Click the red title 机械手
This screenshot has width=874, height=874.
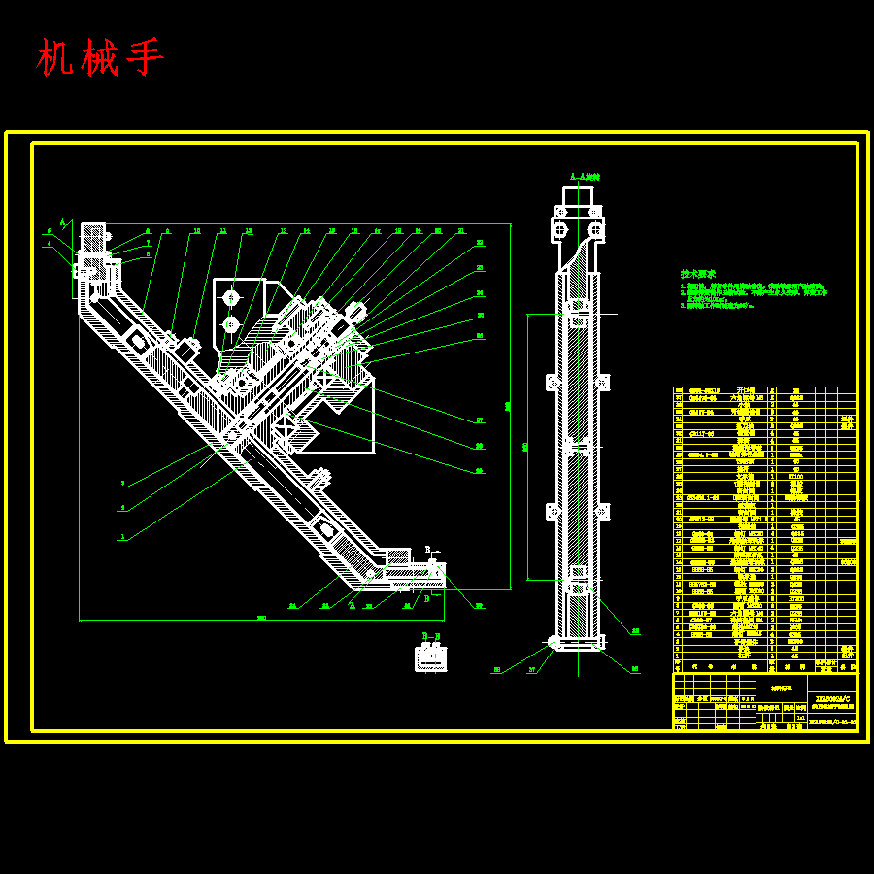click(x=101, y=58)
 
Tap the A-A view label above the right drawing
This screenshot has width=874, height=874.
click(x=585, y=177)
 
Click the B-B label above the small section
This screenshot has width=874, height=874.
click(x=430, y=636)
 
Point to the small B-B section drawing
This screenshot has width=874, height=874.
click(x=430, y=658)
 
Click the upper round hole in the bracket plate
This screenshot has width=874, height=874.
click(x=231, y=297)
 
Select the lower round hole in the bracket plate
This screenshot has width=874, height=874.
click(x=231, y=323)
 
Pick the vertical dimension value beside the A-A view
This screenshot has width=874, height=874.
click(x=525, y=447)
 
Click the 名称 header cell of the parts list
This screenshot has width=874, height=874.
click(x=745, y=667)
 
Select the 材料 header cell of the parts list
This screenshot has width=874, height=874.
click(x=795, y=667)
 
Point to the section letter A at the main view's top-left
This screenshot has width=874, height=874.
click(x=63, y=222)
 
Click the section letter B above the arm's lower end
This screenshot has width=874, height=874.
click(x=427, y=550)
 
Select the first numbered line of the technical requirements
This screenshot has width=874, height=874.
click(x=753, y=286)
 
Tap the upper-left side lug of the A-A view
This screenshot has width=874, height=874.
click(x=553, y=381)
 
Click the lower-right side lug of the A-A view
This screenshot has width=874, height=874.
click(x=604, y=511)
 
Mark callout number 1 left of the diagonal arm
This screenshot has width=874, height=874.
click(x=122, y=536)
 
